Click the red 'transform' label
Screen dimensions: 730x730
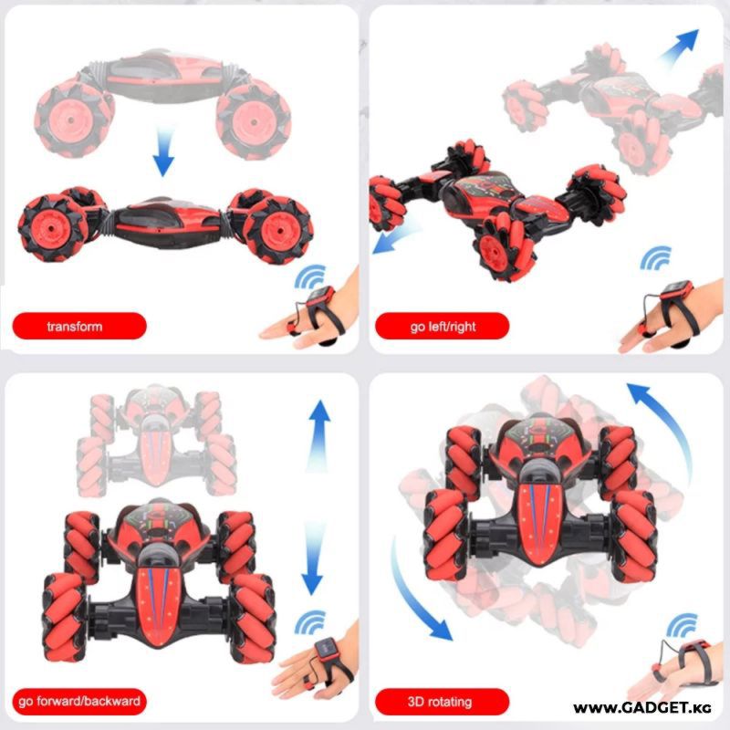79,326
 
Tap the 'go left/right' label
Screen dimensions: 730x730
443,326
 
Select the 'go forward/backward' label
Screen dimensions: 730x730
79,701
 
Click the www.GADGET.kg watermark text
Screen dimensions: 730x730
642,708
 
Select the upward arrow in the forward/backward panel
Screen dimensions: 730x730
319,435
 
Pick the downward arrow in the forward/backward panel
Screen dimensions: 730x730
312,558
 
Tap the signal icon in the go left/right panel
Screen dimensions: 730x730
655,257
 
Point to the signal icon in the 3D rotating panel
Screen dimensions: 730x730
682,625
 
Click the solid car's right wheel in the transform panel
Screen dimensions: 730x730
277,228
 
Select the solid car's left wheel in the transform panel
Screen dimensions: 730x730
52,228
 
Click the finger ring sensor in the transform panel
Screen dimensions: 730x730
293,328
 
